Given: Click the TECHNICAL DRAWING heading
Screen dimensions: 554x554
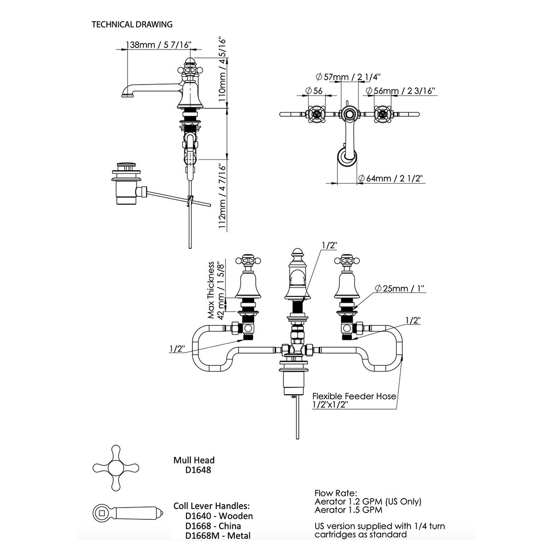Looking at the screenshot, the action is pyautogui.click(x=132, y=24).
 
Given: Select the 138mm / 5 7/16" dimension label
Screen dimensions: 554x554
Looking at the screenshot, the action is pyautogui.click(x=159, y=45).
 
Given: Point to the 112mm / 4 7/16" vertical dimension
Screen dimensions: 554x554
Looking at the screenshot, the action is pyautogui.click(x=222, y=196).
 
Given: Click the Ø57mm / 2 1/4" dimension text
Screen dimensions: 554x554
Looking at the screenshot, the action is pyautogui.click(x=348, y=77).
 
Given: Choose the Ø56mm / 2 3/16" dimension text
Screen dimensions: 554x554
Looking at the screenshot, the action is pyautogui.click(x=400, y=91).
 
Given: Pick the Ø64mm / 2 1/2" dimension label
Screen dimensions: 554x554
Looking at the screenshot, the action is pyautogui.click(x=390, y=179).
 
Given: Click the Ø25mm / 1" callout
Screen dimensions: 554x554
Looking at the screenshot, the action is pyautogui.click(x=399, y=288).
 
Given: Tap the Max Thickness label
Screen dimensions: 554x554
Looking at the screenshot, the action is pyautogui.click(x=211, y=290).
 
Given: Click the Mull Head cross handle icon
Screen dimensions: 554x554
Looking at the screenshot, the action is pyautogui.click(x=116, y=468).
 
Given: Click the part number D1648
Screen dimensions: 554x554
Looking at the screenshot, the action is pyautogui.click(x=198, y=470).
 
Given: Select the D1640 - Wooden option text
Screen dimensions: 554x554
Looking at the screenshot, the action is pyautogui.click(x=219, y=516).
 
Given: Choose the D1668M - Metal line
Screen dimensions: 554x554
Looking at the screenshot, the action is pyautogui.click(x=218, y=536).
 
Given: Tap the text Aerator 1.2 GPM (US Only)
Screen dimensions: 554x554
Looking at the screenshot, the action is pyautogui.click(x=368, y=502).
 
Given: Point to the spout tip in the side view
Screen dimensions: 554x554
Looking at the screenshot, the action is pyautogui.click(x=126, y=94).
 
